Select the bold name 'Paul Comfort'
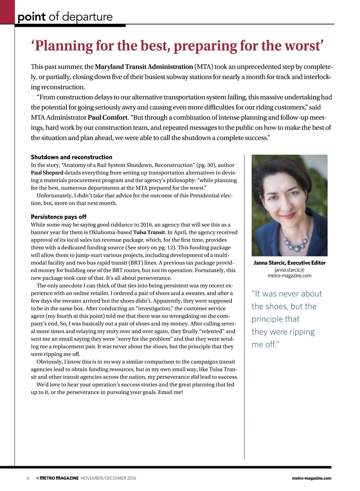(107, 118)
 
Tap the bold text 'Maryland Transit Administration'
(144, 67)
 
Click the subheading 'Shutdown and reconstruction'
(71, 157)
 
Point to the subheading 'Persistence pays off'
(58, 217)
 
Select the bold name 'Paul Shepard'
(47, 173)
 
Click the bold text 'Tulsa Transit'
(149, 232)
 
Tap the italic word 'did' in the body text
(195, 377)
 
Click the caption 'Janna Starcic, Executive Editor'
(289, 263)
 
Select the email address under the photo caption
(289, 273)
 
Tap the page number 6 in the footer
(28, 478)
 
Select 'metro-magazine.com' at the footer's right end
(311, 478)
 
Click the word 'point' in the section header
(31, 17)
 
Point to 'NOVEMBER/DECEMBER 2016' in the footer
(108, 478)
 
